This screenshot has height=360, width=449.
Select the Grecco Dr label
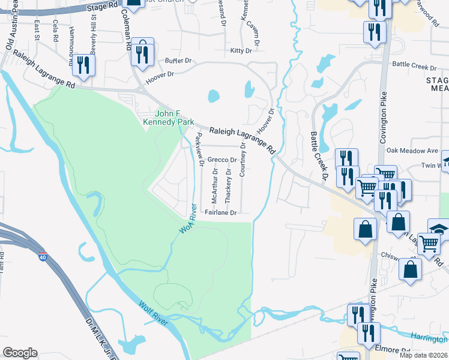(221, 160)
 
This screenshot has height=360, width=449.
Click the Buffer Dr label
(178, 61)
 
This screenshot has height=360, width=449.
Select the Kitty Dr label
(241, 51)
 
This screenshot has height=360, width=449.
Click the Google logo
(20, 353)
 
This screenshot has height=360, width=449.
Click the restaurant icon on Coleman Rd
(143, 53)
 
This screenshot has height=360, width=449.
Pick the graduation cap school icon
(438, 229)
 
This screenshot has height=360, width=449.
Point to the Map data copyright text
(423, 355)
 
